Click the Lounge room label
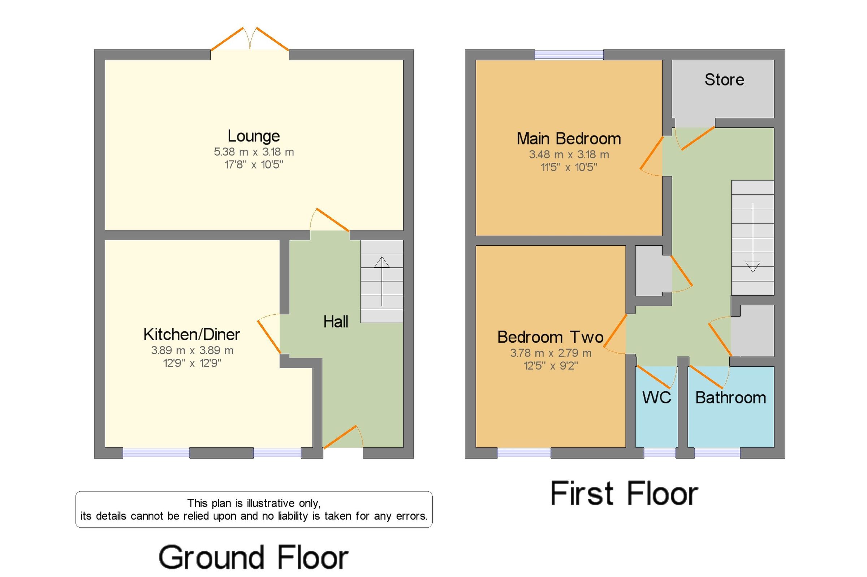[x=253, y=136]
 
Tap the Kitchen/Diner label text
[x=191, y=335]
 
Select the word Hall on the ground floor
[x=336, y=322]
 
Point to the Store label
[x=724, y=79]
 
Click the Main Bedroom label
[x=569, y=139]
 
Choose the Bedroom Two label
[x=550, y=337]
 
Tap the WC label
[x=657, y=397]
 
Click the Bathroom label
[x=731, y=397]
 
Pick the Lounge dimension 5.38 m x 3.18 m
[x=254, y=152]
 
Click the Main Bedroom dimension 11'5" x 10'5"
[x=569, y=167]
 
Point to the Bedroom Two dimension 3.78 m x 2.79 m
[x=551, y=353]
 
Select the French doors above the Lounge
[x=250, y=39]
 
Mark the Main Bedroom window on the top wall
[x=569, y=55]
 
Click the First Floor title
[x=624, y=494]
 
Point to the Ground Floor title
[x=253, y=558]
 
